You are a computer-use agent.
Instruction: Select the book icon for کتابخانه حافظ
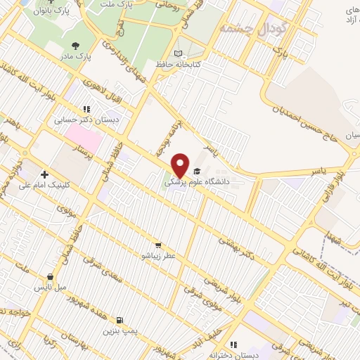(179, 54)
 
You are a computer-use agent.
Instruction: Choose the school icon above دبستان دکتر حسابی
(86, 110)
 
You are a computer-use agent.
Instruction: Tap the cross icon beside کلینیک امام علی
(45, 174)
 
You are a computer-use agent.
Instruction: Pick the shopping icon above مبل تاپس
(50, 278)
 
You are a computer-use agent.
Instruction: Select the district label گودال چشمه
(244, 28)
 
